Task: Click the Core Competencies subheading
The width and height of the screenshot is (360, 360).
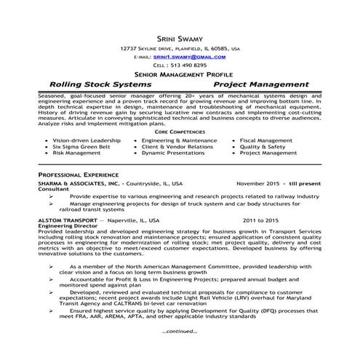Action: click(180, 132)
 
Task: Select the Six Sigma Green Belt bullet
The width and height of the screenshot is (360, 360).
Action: click(82, 147)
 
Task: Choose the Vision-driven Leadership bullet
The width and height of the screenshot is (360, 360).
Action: click(87, 140)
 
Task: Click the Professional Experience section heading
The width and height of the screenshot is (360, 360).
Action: click(79, 177)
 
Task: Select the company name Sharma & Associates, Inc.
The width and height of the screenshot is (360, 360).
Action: click(79, 185)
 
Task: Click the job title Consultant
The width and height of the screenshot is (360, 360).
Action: click(54, 191)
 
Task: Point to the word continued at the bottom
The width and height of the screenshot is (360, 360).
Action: click(180, 331)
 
